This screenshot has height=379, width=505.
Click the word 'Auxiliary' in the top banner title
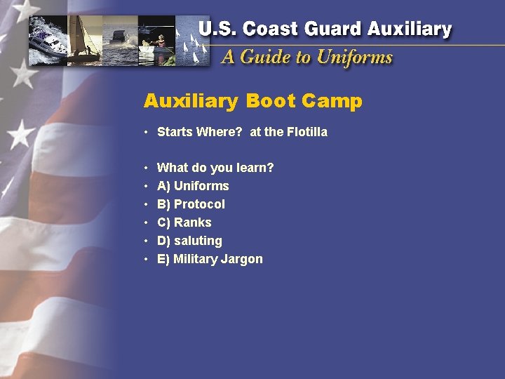click(410, 29)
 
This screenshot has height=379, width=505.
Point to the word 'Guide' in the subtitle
click(266, 57)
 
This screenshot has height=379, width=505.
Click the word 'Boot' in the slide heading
click(270, 102)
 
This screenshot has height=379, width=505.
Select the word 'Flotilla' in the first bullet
click(304, 132)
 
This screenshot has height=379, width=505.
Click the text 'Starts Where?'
click(199, 132)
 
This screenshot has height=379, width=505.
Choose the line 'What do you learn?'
click(215, 168)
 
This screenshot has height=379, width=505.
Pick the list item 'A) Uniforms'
click(193, 186)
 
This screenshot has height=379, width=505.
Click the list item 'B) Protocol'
click(191, 204)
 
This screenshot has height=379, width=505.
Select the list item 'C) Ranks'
click(184, 222)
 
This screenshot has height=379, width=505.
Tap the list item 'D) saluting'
click(189, 241)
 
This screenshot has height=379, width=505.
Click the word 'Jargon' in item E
click(242, 259)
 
